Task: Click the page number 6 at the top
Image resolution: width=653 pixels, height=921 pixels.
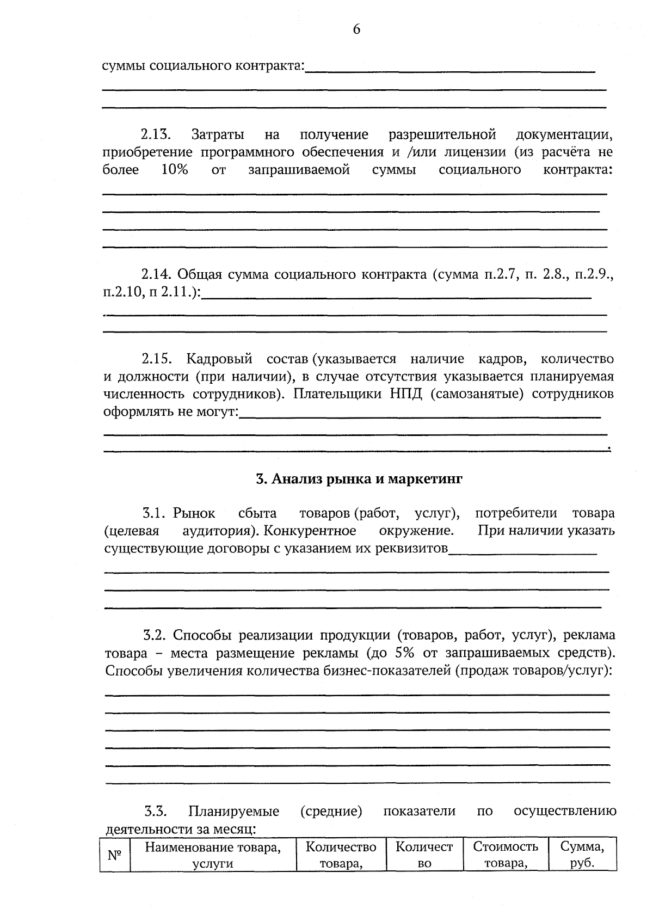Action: [x=356, y=29]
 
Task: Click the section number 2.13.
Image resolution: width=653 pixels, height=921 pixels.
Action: [x=156, y=134]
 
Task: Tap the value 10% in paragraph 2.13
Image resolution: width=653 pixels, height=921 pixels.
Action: [x=174, y=170]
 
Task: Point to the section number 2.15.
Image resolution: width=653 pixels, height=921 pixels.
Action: [x=157, y=359]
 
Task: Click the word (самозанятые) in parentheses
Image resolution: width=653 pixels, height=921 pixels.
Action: [x=477, y=394]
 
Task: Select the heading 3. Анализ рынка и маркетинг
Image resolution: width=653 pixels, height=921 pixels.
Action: [x=359, y=479]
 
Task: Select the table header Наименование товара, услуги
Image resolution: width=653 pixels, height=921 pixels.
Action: [x=213, y=855]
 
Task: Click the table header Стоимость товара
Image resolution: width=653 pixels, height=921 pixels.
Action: [x=506, y=855]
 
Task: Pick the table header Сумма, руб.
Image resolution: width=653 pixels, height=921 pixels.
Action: [x=582, y=855]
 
